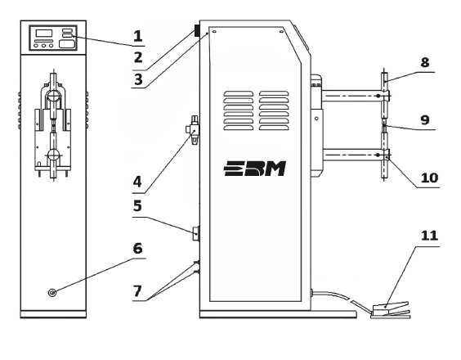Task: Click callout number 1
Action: pyautogui.click(x=138, y=36)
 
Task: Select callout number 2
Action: pyautogui.click(x=138, y=57)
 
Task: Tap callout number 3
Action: pyautogui.click(x=138, y=79)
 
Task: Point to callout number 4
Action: pyautogui.click(x=137, y=182)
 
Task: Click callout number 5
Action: pyautogui.click(x=137, y=205)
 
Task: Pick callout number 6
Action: pyautogui.click(x=137, y=249)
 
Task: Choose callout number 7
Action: pyautogui.click(x=137, y=291)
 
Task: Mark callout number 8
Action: pyautogui.click(x=424, y=62)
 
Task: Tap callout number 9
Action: pyautogui.click(x=425, y=119)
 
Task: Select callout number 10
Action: pyautogui.click(x=430, y=178)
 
